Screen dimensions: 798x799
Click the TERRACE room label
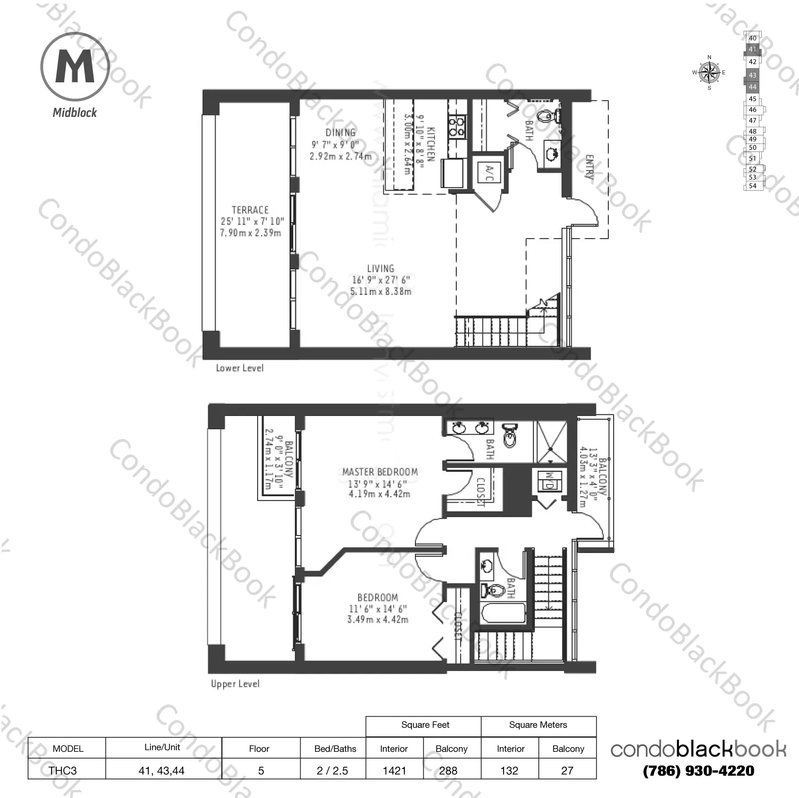tap(250, 210)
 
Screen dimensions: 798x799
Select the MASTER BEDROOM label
tap(380, 472)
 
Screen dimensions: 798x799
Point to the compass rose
tap(709, 73)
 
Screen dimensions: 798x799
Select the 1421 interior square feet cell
tap(394, 770)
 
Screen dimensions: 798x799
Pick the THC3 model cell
tap(63, 770)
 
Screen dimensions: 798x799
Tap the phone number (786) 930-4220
tap(698, 771)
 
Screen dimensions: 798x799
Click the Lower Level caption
tap(240, 368)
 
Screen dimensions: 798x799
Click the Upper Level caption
tap(235, 684)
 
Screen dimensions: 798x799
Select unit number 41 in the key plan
tap(752, 49)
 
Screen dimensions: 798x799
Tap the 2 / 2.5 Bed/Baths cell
tap(332, 770)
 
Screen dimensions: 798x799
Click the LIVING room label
tap(380, 269)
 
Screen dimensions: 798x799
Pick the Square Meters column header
tap(538, 725)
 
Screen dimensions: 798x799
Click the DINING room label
tap(341, 133)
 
